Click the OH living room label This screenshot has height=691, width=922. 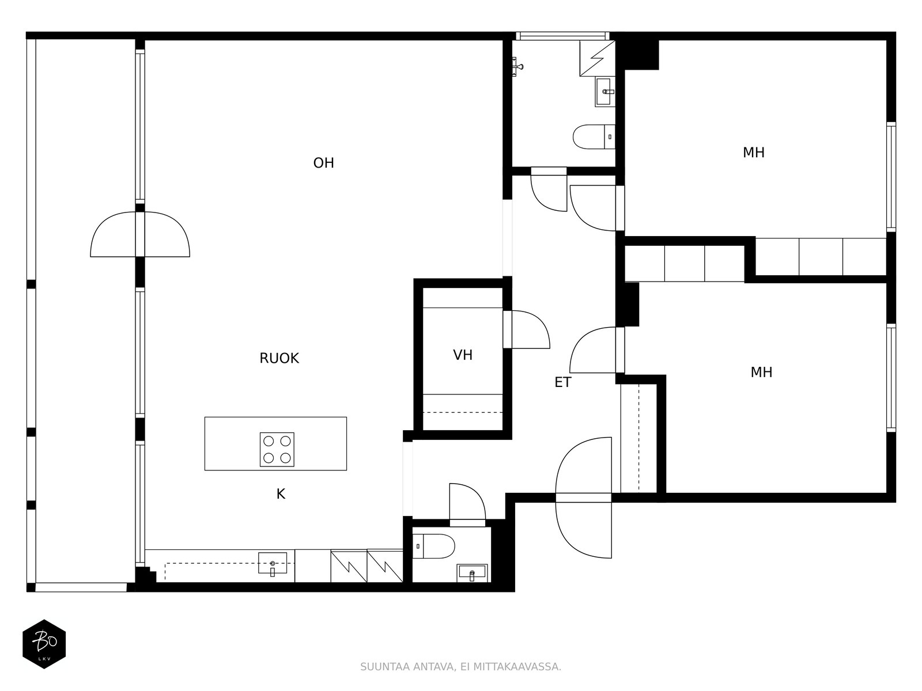tap(323, 163)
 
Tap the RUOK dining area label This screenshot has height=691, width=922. tap(279, 358)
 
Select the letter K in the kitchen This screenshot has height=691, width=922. tap(281, 494)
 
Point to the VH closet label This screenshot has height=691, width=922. tap(463, 355)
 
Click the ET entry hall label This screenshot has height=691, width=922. tap(563, 382)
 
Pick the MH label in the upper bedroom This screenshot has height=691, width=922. tap(754, 153)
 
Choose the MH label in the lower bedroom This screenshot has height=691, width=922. tap(761, 372)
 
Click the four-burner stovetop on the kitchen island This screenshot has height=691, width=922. tap(277, 449)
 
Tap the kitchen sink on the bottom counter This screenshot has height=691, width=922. tap(273, 564)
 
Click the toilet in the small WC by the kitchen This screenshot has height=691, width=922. tap(433, 546)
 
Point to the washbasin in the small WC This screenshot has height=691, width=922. tap(472, 573)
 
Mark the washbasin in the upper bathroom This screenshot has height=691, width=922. tap(605, 92)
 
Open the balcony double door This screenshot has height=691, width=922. tap(140, 234)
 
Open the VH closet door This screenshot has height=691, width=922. tap(526, 329)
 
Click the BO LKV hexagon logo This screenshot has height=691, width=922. tap(44, 644)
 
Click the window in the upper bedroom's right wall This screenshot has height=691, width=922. tap(891, 177)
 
